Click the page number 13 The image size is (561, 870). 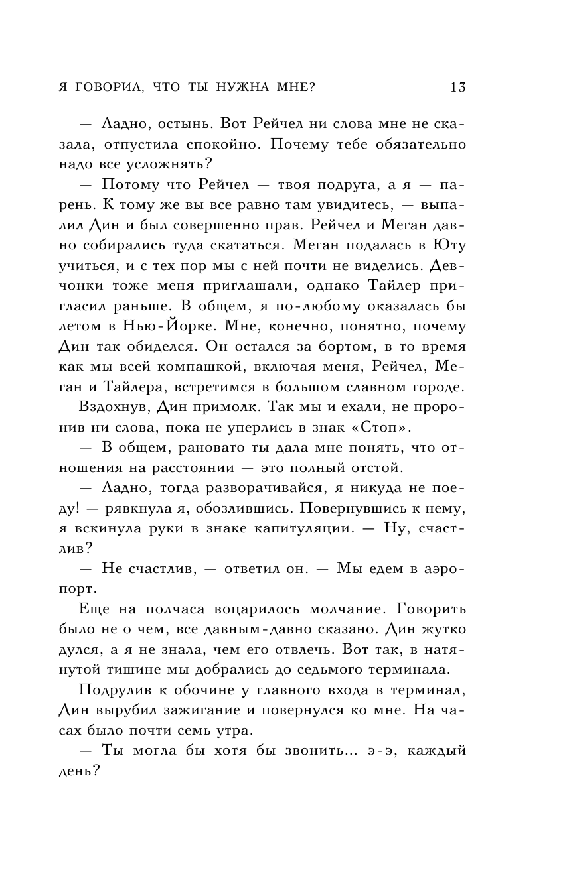(x=457, y=87)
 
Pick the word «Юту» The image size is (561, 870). (x=449, y=247)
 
